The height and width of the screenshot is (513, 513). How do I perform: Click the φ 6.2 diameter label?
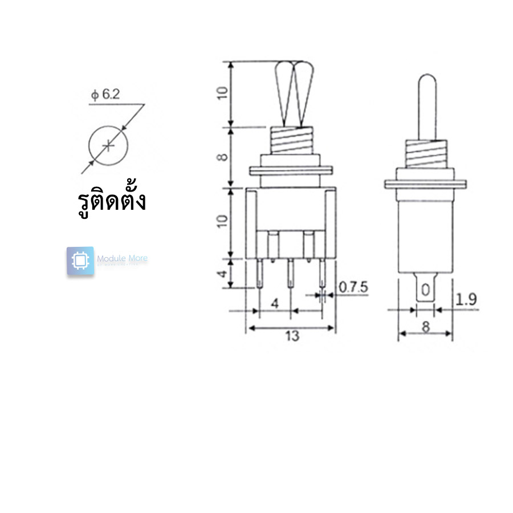[x=105, y=95]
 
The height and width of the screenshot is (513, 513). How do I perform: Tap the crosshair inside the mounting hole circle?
[x=108, y=146]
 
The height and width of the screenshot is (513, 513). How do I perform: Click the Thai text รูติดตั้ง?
[x=111, y=201]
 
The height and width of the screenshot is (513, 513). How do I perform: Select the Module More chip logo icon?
[x=80, y=261]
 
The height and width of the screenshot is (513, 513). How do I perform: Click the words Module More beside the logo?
[x=122, y=259]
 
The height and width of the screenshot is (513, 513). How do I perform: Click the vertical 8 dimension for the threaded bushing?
[x=223, y=157]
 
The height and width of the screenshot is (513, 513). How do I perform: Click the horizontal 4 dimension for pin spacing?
[x=275, y=303]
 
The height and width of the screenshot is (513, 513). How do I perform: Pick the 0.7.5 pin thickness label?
[x=353, y=288]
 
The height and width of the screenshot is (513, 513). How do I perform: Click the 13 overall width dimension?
[x=292, y=336]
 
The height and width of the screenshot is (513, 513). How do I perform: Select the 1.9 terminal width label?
[x=467, y=299]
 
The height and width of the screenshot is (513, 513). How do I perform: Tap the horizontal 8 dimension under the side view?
[x=425, y=327]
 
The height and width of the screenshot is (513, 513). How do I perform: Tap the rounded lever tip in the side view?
[x=427, y=83]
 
